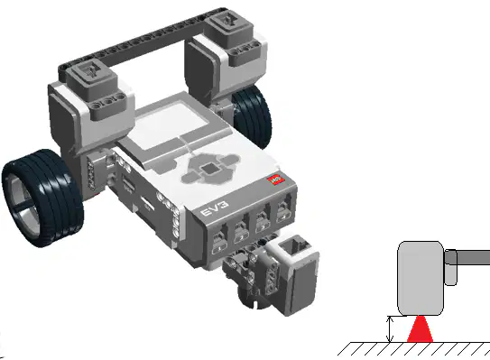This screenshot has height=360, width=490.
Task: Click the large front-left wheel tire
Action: click(42, 198)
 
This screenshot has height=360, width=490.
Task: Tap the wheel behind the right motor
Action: click(253, 116)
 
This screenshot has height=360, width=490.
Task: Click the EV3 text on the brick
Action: click(215, 208)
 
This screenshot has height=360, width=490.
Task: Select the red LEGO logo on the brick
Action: click(276, 180)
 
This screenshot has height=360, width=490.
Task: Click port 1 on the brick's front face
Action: click(219, 242)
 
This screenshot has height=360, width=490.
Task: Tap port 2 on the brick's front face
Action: click(242, 231)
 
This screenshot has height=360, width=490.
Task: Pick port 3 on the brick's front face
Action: click(263, 219)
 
